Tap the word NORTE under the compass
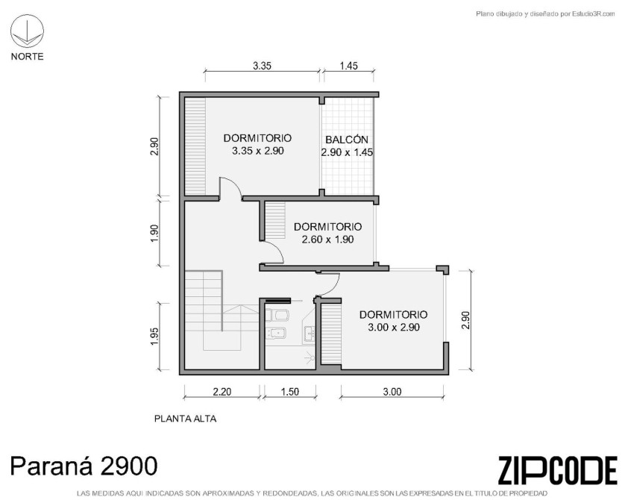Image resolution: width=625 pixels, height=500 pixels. point(27,57)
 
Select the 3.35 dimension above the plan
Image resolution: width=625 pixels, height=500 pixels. point(262,66)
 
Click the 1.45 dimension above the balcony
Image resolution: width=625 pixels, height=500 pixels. point(348,66)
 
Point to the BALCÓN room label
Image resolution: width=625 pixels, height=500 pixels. point(346,140)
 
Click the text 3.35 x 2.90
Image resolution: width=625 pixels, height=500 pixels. point(257,151)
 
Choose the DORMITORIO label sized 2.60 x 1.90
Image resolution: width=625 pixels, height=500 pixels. point(327,226)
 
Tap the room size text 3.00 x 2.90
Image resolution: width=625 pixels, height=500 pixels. point(393,328)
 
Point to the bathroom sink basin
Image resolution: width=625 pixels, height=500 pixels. point(310,333)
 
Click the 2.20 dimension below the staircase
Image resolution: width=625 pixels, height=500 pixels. point(222,392)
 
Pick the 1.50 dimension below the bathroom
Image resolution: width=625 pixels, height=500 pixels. point(289,392)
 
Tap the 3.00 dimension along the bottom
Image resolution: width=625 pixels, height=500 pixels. point(392,392)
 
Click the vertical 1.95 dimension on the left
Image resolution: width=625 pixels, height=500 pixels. point(154,337)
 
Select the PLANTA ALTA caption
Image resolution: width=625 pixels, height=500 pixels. point(186,419)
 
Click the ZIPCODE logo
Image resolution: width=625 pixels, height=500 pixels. point(558,471)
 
